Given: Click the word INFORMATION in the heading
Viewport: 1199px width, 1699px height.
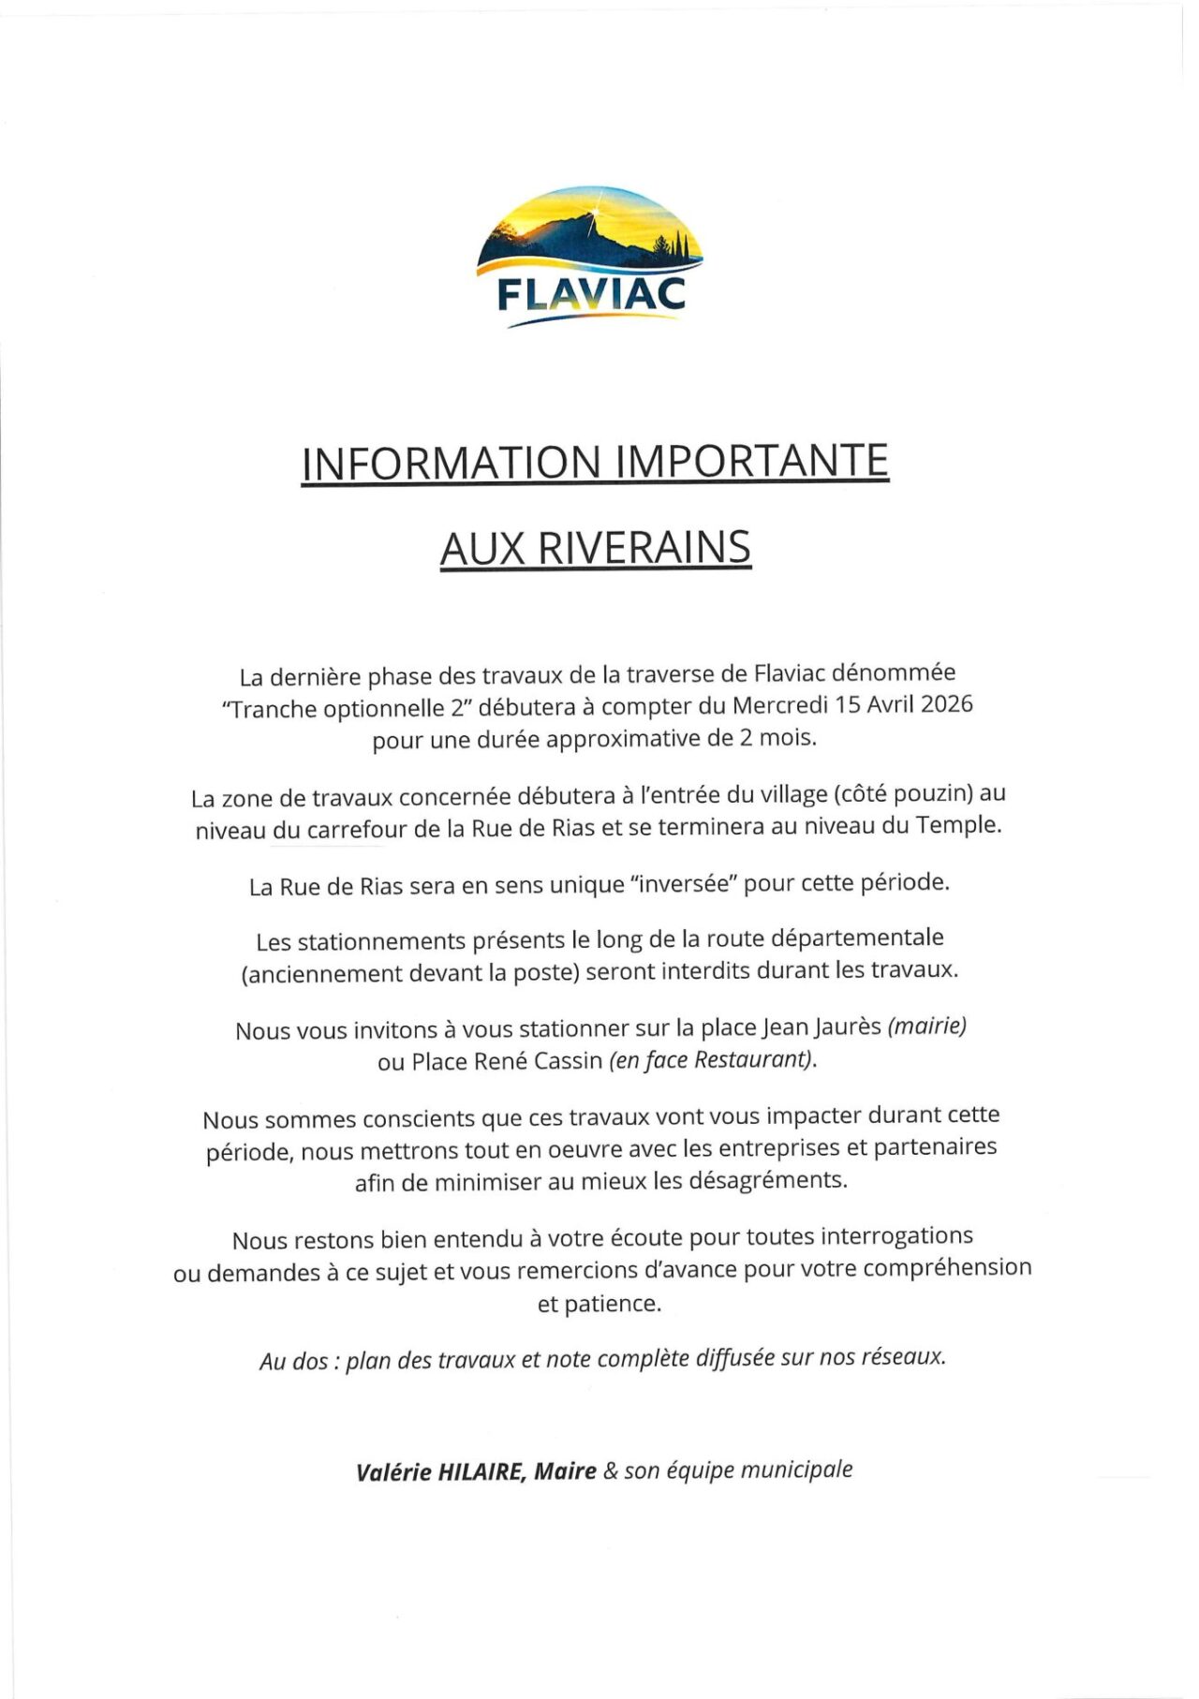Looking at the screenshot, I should point(451,463).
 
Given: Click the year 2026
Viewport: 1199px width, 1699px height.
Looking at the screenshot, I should point(946,704).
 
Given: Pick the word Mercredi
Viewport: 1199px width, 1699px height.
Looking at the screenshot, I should point(782,704).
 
